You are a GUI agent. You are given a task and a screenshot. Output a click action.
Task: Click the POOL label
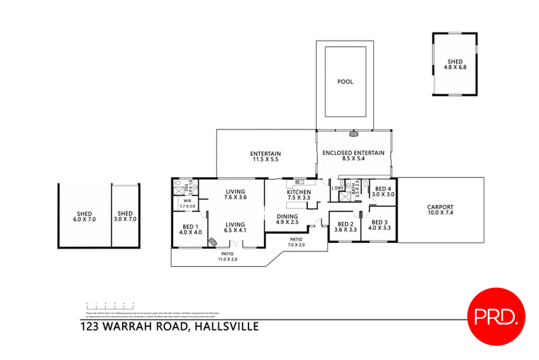click(x=345, y=82)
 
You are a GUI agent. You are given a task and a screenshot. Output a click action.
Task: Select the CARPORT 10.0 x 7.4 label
click(x=440, y=210)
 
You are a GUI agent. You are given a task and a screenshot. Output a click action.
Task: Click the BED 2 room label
click(x=345, y=227)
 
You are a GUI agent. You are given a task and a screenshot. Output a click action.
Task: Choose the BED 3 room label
click(x=379, y=224)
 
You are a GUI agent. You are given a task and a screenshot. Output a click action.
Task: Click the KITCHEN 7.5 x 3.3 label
click(x=298, y=195)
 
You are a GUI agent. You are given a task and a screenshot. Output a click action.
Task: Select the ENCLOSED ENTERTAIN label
click(x=353, y=156)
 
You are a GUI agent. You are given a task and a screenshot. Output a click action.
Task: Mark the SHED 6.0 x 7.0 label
click(x=84, y=216)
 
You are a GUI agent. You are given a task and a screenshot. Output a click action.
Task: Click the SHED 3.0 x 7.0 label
click(x=127, y=216)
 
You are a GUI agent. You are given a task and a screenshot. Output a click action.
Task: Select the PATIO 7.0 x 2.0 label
click(x=297, y=242)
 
